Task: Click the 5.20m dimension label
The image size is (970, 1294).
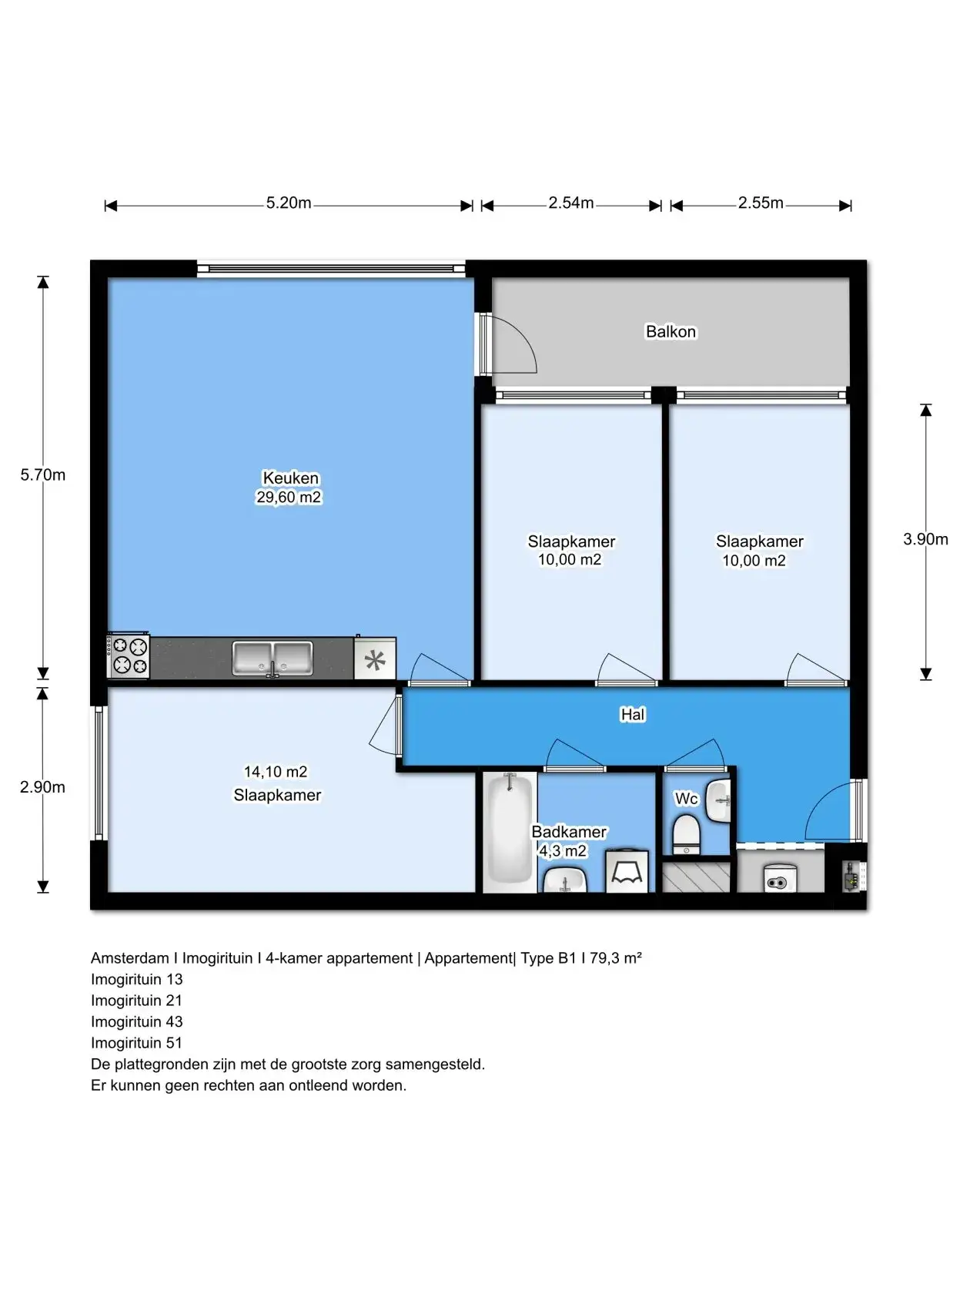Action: (x=288, y=203)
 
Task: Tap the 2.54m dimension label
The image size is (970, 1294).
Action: (x=570, y=203)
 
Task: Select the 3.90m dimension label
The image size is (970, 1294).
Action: (x=925, y=539)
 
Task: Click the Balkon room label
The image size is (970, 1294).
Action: (x=671, y=332)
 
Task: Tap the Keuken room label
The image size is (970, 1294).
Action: (x=290, y=478)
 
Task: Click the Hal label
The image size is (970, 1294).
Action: (x=633, y=715)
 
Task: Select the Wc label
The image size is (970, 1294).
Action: (x=686, y=799)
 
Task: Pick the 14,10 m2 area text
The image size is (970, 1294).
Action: (x=276, y=772)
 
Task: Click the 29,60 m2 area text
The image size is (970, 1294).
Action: (x=289, y=498)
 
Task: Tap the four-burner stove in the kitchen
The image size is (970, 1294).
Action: (x=128, y=655)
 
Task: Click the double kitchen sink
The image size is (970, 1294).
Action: (x=273, y=659)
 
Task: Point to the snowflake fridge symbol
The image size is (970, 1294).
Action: (x=375, y=659)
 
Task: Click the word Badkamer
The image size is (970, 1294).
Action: (x=569, y=832)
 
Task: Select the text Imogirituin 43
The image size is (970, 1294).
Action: (x=136, y=1021)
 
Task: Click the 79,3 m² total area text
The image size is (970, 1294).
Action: (x=616, y=958)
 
